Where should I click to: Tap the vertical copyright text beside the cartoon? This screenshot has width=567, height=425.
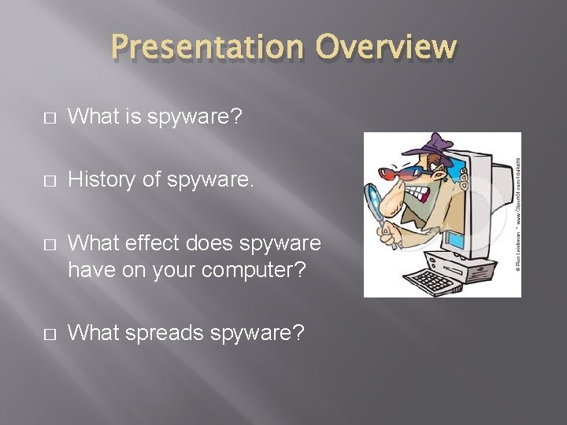tap(516, 213)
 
